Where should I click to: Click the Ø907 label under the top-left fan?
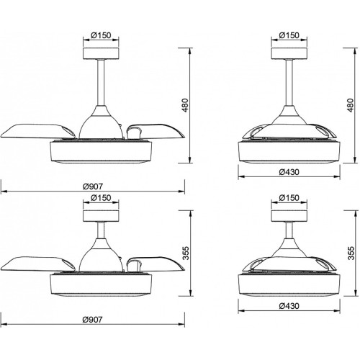tap(93, 186)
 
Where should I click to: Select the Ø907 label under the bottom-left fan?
tap(92, 320)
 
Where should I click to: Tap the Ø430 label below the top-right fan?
tap(289, 172)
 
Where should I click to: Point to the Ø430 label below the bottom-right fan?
tap(289, 306)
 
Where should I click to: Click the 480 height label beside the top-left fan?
tap(186, 105)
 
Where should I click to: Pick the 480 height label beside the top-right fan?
tap(350, 105)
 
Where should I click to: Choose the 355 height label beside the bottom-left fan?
tap(186, 253)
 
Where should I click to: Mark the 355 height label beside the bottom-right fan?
tap(351, 253)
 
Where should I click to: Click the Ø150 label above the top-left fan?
tap(101, 35)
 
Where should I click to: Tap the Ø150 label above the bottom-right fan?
tap(289, 198)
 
